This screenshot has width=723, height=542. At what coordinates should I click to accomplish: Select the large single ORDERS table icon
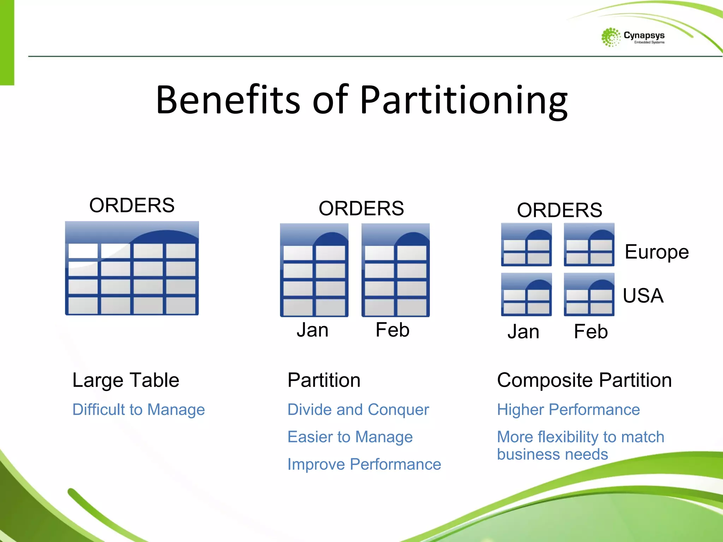coord(132,269)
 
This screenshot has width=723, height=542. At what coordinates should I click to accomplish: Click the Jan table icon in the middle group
coord(314,270)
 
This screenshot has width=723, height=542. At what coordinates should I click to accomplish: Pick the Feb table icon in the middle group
coord(395,270)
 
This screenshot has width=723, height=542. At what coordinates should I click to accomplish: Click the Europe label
coord(657,252)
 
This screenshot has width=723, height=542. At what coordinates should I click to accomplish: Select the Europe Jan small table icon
coord(526,245)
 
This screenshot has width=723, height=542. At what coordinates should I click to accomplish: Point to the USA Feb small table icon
coord(589,295)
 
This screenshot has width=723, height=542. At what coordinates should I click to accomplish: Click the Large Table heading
coord(126,380)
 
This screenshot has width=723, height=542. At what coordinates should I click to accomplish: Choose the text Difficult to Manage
coord(138,410)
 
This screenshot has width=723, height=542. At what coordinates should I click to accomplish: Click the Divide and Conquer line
coord(358,410)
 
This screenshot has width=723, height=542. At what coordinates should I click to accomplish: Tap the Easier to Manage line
coord(350,437)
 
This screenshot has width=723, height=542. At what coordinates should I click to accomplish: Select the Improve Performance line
coord(364,464)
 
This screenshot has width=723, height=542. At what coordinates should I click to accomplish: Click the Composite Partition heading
coord(584,380)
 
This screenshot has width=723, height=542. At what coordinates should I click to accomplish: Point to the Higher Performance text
coord(568,410)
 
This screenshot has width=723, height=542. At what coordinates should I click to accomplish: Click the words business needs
coord(552,454)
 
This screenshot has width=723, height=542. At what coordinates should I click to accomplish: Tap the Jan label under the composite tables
coord(523,332)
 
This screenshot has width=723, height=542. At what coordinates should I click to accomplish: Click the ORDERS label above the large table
coord(132,205)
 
